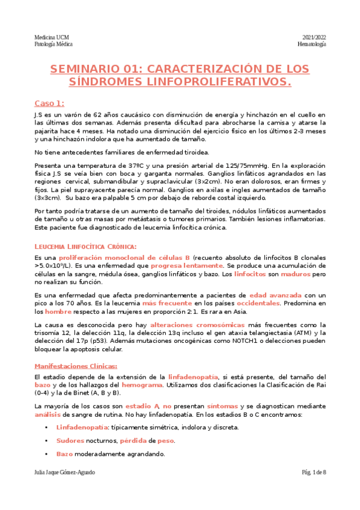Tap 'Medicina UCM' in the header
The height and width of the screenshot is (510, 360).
[52, 37]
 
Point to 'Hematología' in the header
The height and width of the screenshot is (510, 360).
[312, 45]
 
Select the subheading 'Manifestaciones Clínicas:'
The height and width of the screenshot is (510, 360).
[76, 366]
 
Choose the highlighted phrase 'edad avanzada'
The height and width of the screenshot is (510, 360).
[275, 295]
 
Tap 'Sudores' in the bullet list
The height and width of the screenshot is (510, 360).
[71, 440]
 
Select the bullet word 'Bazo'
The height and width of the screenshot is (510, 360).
[65, 453]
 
